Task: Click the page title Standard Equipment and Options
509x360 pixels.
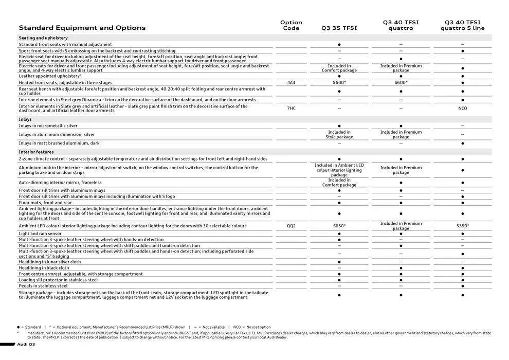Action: coord(82,28)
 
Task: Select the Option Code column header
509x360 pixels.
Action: coord(291,25)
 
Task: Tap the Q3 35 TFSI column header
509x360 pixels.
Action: coord(339,28)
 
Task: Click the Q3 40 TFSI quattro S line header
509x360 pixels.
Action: coord(462,25)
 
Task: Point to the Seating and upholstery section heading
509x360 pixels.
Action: coord(43,38)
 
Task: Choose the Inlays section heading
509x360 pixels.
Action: coord(25,119)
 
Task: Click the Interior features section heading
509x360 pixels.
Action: coord(36,152)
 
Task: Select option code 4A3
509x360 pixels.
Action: coord(291,82)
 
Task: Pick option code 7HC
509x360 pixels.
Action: coord(291,109)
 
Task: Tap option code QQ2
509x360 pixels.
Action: coord(291,226)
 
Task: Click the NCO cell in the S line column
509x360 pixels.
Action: coord(462,109)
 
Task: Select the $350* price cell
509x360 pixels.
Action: coord(462,226)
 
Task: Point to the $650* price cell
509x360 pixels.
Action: coord(339,226)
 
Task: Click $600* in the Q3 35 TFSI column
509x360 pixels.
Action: coord(339,82)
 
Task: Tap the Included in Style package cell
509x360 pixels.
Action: coord(339,135)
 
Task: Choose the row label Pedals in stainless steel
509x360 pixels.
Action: coord(43,286)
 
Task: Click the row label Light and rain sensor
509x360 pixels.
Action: coord(40,233)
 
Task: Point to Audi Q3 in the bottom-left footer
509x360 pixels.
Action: coord(26,344)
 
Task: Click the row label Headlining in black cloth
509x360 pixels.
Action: coord(44,268)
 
